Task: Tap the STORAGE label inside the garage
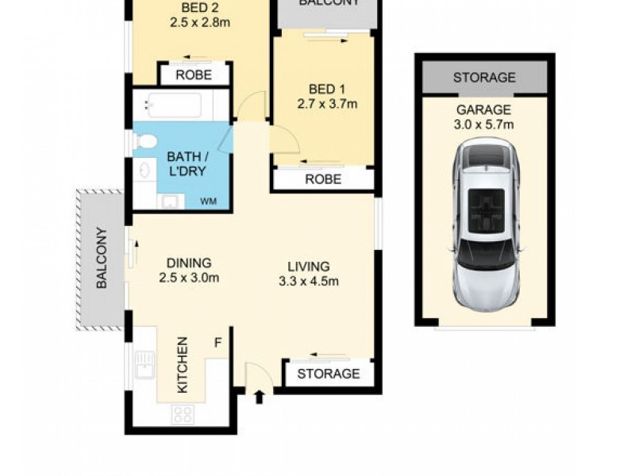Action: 483,78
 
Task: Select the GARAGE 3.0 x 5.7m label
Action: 483,117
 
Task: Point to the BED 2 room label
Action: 199,15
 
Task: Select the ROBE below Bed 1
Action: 324,179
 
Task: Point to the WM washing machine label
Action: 208,202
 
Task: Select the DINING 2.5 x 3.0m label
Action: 188,270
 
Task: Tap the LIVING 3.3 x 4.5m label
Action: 304,274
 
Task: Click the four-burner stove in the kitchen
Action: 184,414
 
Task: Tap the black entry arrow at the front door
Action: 259,396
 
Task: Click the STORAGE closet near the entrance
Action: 329,374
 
